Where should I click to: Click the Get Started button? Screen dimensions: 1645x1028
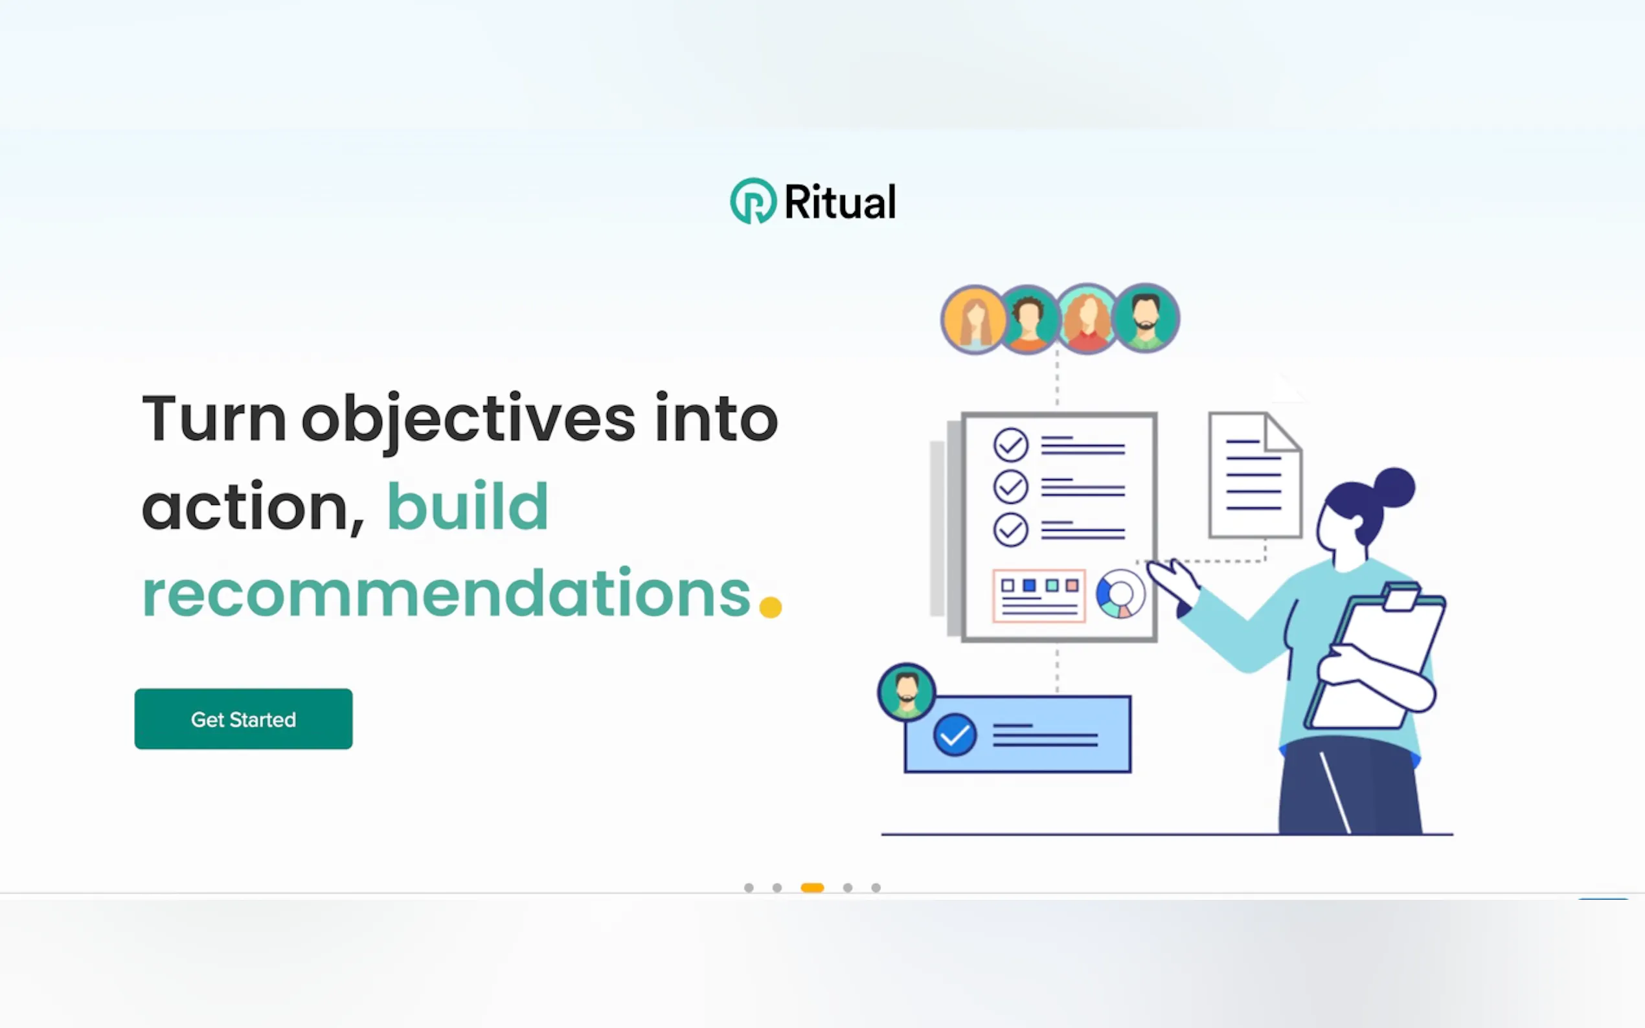(244, 719)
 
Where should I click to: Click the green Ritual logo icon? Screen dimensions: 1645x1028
(753, 201)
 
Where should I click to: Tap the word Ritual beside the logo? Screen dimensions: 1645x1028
(841, 202)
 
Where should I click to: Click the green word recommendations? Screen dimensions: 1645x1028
(446, 594)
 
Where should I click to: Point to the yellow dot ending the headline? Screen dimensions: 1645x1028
(771, 607)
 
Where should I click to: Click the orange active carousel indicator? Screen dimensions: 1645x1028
(813, 888)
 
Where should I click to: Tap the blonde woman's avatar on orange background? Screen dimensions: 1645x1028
(974, 319)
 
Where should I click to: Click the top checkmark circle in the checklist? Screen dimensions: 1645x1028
(1010, 445)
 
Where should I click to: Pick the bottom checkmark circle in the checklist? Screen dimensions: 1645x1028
(1010, 530)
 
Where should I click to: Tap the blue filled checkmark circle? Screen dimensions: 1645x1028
(955, 735)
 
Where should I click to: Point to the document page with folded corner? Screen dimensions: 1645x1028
(1254, 475)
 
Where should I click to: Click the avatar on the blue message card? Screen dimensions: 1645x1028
(907, 692)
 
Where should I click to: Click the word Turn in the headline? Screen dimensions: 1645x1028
(214, 419)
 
